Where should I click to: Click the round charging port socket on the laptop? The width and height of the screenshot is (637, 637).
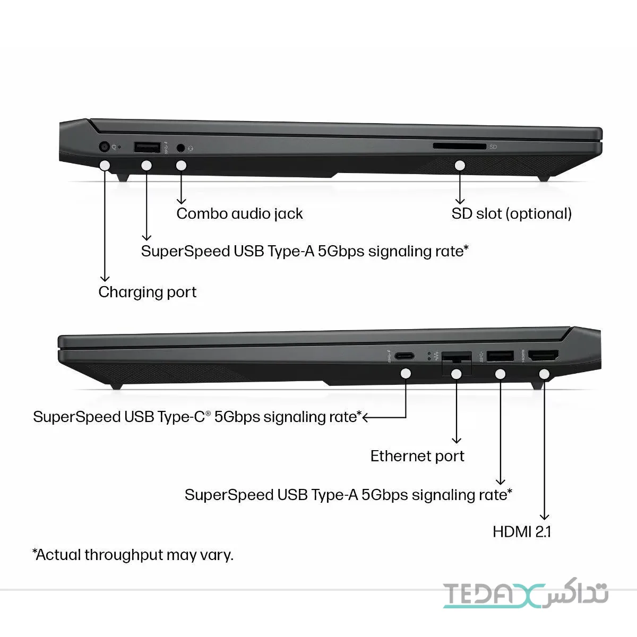tap(105, 147)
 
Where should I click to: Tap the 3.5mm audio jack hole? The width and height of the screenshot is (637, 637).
tap(180, 148)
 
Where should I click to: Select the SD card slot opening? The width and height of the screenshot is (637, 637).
tap(460, 146)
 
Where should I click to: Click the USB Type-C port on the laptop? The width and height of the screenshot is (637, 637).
tap(404, 356)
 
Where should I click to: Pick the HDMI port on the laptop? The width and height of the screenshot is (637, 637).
tap(544, 355)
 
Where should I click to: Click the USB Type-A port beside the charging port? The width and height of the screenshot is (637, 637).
tap(147, 147)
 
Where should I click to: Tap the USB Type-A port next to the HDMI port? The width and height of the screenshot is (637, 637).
tap(501, 356)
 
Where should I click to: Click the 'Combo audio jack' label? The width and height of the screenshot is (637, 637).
tap(239, 214)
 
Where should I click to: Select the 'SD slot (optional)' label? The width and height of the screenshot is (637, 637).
tap(512, 214)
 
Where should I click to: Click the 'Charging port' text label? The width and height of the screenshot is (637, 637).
tap(148, 292)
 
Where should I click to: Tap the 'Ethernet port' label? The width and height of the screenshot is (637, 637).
tap(418, 456)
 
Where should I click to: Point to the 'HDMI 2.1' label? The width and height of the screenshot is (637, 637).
tap(522, 532)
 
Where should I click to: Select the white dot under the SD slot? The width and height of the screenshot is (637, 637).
tap(460, 165)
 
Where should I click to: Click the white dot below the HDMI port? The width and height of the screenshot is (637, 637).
tap(544, 374)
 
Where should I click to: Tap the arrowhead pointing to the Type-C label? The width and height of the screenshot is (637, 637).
tap(365, 418)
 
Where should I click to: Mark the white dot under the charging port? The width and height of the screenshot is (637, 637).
tap(105, 165)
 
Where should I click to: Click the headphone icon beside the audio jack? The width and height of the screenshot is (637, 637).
tap(191, 149)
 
